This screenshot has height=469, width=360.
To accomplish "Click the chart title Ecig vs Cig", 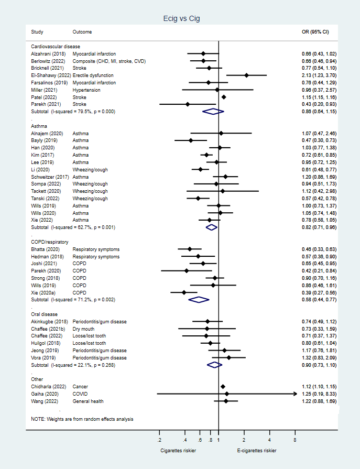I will (x=181, y=19).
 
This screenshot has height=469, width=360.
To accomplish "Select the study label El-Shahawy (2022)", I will (x=50, y=75).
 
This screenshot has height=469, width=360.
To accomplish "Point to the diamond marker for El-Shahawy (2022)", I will (x=246, y=75).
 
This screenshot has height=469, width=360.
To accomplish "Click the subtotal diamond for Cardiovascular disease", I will (x=213, y=112).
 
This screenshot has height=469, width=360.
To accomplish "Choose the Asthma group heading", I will (x=39, y=126).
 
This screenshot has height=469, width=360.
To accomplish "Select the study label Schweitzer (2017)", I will (x=50, y=177).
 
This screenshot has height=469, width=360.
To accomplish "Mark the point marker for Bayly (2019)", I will (x=191, y=140).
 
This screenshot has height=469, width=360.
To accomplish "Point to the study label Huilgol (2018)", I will (x=47, y=343).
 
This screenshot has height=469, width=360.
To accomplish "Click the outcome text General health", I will (x=88, y=401).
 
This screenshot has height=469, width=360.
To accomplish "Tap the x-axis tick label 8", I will (x=295, y=439).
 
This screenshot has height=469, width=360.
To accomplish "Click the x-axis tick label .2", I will (x=159, y=439).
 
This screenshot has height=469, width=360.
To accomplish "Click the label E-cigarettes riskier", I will (x=257, y=450).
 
